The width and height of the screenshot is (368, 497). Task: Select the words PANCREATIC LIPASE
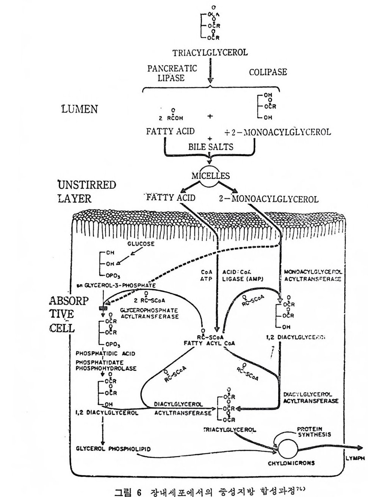tap(172, 73)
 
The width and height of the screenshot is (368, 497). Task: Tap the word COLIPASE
tap(268, 72)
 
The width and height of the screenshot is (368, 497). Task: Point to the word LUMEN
tap(79, 109)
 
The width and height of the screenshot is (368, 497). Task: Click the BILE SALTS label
tap(211, 146)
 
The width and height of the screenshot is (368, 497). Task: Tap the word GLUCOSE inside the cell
tap(141, 244)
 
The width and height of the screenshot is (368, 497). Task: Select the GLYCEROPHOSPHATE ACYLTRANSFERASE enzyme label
tap(149, 313)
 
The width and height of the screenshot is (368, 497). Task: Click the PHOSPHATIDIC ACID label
tap(105, 353)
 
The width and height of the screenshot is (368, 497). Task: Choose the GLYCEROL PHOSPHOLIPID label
tap(113, 449)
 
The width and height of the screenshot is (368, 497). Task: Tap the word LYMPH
tap(355, 458)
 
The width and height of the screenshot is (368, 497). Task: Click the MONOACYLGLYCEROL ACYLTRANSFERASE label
tap(312, 275)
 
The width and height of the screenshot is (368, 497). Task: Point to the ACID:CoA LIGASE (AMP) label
tap(243, 275)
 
